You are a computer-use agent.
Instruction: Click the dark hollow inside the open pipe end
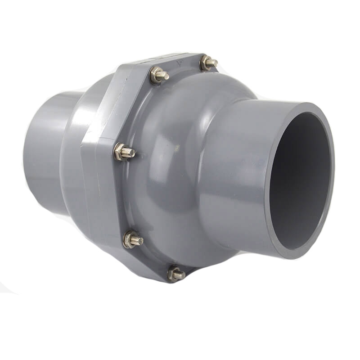coord(299,180)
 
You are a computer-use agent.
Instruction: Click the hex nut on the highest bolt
coord(206,62)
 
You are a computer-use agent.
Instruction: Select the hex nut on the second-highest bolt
coord(157,75)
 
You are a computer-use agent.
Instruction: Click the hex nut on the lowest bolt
coord(174,273)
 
